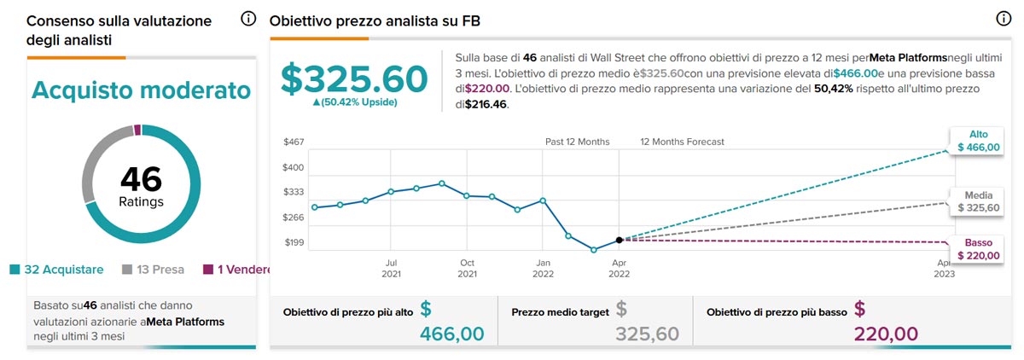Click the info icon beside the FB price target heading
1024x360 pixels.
pos(1004,19)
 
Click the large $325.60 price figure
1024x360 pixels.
pos(354,78)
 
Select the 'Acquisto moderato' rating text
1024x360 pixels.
pos(141,90)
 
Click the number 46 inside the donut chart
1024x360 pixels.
pos(141,179)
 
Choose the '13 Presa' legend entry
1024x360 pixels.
pos(154,270)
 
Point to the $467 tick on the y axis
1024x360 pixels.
pos(294,142)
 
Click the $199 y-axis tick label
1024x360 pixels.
pos(294,243)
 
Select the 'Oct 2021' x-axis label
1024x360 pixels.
pos(467,269)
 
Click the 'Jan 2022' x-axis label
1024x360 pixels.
pos(542,269)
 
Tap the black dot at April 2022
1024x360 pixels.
pos(619,241)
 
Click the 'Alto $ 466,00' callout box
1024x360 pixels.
pos(976,141)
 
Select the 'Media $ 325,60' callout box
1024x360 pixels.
pos(976,201)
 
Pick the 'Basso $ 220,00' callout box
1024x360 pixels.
pos(976,249)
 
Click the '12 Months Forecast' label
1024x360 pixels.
pos(682,142)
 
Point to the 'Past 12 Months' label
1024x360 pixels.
pos(578,142)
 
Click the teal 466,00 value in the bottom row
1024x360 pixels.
pos(451,334)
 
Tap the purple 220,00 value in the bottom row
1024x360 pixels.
pos(887,334)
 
